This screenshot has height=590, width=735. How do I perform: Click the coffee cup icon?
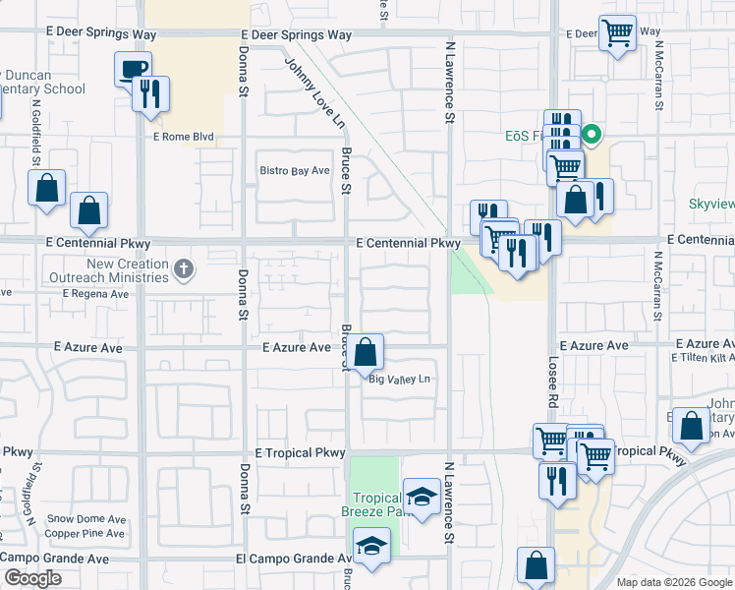133,69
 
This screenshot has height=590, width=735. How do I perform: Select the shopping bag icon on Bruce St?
365,352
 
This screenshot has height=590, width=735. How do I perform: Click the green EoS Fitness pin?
592,134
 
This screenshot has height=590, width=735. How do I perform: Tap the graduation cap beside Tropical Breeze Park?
422,499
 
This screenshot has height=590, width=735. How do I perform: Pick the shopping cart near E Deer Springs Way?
617,33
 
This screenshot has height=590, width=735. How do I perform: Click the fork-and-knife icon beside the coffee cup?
151,94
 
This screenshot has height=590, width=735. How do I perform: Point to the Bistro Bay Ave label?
294,171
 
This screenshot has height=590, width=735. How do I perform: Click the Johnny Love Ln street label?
315,92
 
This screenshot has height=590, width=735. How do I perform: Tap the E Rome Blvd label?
182,137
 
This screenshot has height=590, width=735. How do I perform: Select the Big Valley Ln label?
400,379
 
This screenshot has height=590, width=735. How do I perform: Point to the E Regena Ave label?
96,293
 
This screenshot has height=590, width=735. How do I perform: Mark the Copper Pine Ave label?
86,534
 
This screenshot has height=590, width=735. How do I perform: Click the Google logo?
31,578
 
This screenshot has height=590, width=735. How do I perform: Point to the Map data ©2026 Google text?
674,582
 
